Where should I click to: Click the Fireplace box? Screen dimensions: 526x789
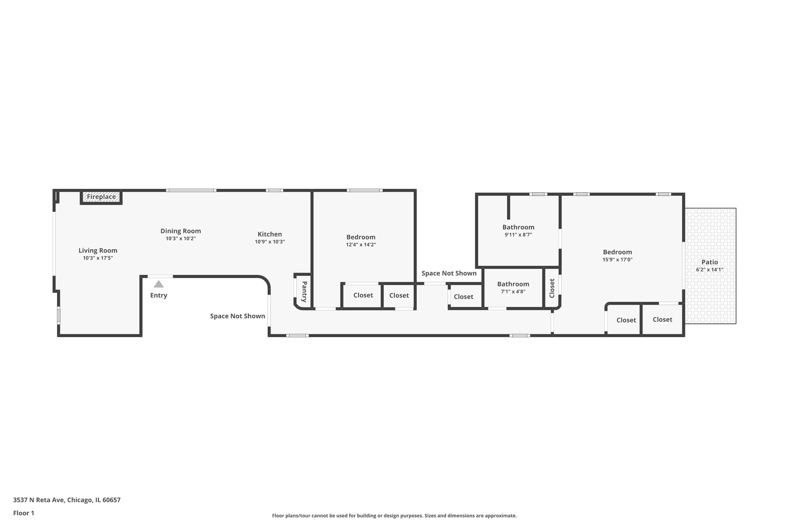point(101,197)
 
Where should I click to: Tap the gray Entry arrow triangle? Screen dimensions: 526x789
point(159,284)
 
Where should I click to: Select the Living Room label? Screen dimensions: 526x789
point(98,250)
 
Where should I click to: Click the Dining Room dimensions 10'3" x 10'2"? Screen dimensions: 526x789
point(181,239)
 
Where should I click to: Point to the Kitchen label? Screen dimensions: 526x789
point(270,234)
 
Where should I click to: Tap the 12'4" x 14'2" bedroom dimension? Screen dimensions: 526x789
point(361,245)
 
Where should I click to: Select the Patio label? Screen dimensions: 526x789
point(710,262)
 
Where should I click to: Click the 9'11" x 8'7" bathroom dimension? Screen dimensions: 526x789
point(518,235)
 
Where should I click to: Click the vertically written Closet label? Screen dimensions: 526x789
point(552,288)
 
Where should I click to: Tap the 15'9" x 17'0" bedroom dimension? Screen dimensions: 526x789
point(618,260)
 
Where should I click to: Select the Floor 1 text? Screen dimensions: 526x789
point(24,513)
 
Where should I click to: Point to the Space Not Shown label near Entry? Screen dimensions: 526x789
point(237,316)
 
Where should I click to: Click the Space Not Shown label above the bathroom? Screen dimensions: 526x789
point(449,273)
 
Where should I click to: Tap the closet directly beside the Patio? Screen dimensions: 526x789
point(662,319)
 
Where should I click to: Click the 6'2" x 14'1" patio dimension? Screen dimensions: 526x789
point(710,270)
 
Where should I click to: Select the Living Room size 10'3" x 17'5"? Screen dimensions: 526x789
point(98,258)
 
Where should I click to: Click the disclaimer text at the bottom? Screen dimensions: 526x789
point(394,516)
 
